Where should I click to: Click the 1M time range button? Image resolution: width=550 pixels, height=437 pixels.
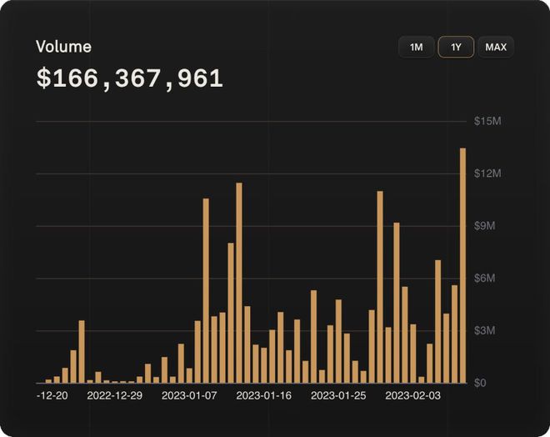(x=416, y=48)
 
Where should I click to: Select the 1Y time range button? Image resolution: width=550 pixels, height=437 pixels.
(x=456, y=48)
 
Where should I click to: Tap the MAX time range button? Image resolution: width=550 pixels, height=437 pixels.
(x=496, y=48)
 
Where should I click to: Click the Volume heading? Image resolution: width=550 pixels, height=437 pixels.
(x=63, y=47)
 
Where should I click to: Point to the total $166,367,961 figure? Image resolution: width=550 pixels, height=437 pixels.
(x=129, y=79)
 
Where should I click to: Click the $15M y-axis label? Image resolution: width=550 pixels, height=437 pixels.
(x=487, y=122)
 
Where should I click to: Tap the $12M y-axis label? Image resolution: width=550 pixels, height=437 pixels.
(x=487, y=173)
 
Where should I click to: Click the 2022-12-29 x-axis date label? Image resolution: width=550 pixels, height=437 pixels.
(x=114, y=394)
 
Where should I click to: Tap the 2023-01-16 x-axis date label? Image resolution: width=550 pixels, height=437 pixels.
(x=265, y=394)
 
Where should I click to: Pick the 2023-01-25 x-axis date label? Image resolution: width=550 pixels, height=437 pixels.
(x=339, y=394)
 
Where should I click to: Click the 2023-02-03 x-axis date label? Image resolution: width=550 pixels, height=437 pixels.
(x=413, y=394)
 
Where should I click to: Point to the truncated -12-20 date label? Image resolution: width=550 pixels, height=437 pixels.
(x=52, y=394)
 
